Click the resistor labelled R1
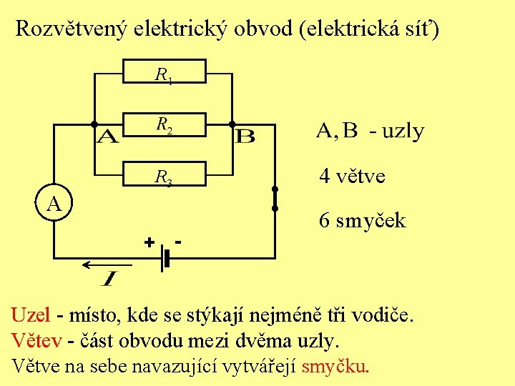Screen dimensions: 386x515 165,72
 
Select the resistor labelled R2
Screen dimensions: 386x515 165,125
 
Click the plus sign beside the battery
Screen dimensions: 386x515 149,242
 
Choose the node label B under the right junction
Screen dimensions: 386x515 245,136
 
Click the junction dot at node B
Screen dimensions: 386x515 232,124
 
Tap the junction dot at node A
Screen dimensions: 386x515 94,124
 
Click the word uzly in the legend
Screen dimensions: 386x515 403,132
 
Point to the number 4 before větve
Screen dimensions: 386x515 325,176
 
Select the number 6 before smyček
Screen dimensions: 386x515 325,220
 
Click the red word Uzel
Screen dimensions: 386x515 31,315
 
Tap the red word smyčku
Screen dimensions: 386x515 335,367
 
